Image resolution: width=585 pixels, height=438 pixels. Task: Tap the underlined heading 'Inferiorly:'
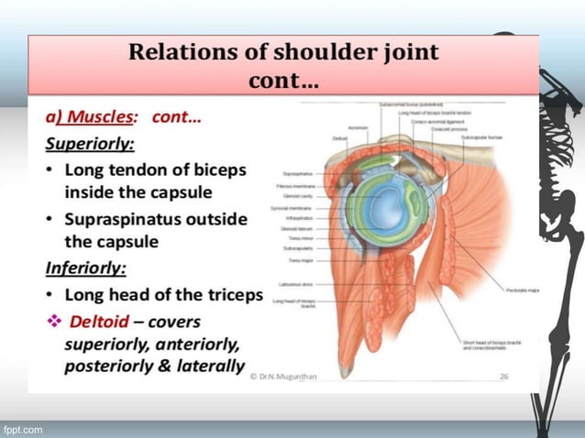click(x=85, y=269)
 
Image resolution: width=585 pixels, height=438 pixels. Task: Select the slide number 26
click(x=502, y=376)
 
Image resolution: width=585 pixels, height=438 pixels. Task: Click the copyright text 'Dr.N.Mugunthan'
click(x=295, y=376)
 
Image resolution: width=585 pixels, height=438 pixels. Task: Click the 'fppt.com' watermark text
click(x=22, y=429)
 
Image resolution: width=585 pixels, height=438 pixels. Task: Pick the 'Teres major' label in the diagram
click(x=293, y=258)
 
